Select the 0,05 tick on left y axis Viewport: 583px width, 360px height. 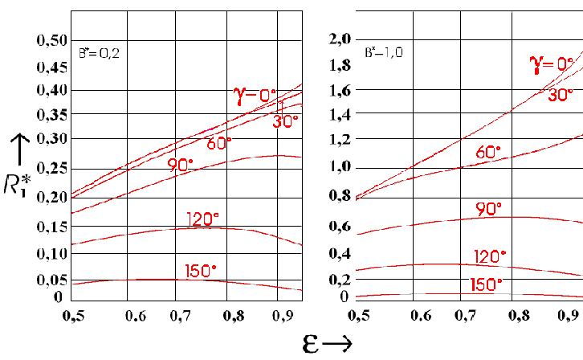tap(47, 280)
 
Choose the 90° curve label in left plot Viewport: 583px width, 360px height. tap(181, 165)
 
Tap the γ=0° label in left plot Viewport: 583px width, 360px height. tap(255, 96)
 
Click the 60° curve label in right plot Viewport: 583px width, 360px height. tap(487, 152)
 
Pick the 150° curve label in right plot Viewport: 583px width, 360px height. tap(486, 284)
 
